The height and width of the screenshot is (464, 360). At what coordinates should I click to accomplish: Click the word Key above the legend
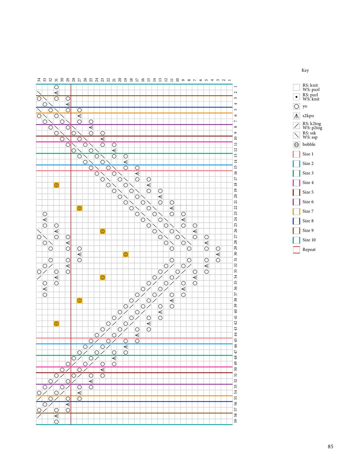tap(305, 71)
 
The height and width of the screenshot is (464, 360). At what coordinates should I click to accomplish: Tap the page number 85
tap(330, 446)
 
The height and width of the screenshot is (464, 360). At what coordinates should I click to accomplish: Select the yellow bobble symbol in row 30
tap(126, 254)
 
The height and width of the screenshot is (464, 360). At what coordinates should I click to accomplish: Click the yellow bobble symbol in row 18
tap(56, 185)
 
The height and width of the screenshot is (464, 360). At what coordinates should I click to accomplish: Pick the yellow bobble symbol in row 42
tap(56, 324)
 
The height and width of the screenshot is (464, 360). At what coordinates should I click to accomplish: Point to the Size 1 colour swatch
tap(296, 154)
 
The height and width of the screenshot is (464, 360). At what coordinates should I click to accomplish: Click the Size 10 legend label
tap(309, 240)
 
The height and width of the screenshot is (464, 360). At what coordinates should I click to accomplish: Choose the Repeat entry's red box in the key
tap(296, 250)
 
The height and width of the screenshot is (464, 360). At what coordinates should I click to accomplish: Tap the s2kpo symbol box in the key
tap(296, 116)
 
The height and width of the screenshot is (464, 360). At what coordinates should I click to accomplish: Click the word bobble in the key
tap(309, 144)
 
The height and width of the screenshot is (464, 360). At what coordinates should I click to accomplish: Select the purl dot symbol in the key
tap(296, 97)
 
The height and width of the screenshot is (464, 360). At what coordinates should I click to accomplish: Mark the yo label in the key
tap(305, 106)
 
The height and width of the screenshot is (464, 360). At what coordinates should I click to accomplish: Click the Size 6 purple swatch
tap(296, 202)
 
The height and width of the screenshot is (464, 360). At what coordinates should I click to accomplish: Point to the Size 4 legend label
tap(308, 183)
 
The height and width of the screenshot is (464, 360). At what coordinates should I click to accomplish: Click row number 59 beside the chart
tap(235, 421)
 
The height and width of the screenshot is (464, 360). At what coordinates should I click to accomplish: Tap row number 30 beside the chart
tap(235, 254)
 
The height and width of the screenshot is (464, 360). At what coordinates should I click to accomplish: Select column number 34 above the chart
tap(39, 80)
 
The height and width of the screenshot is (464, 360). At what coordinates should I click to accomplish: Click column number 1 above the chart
tap(230, 80)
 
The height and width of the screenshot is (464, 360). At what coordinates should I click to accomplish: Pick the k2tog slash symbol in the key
tap(296, 125)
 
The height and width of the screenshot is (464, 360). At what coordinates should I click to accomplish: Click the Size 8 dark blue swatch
tap(296, 221)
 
